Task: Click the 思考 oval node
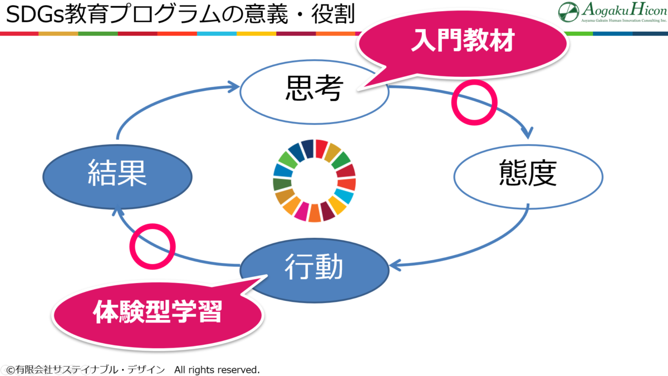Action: (314, 90)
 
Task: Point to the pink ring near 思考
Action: (473, 102)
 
